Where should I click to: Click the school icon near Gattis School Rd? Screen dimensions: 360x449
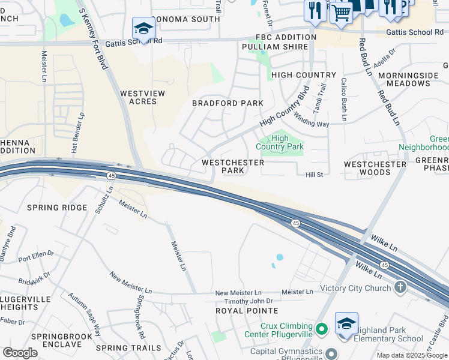coord(143,28)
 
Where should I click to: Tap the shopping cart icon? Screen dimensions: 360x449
coord(341,12)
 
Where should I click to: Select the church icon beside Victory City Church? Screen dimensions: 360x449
coord(400,288)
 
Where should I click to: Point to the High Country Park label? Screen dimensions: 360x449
coord(280,142)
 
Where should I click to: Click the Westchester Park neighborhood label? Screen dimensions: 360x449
coord(233,166)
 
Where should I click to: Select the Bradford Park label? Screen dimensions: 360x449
coord(228,103)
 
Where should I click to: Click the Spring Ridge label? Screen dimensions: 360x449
coord(57,208)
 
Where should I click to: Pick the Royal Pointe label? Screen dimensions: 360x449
coord(247,311)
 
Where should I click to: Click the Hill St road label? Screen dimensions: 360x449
coord(315,175)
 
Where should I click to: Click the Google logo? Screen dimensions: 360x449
coord(20,353)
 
